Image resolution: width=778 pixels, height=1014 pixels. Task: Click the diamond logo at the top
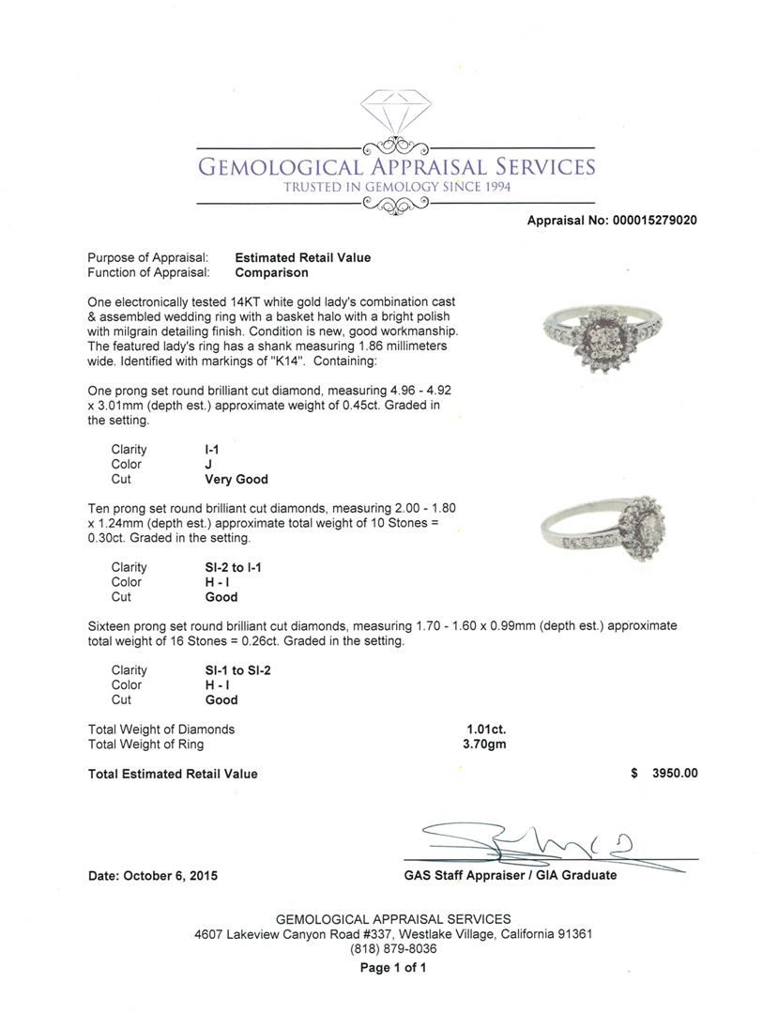[x=395, y=115]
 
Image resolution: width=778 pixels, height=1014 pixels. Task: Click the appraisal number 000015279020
[x=655, y=221]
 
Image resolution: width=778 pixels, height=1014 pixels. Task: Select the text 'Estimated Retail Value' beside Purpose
[x=302, y=257]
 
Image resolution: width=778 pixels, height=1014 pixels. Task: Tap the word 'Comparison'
[x=271, y=272]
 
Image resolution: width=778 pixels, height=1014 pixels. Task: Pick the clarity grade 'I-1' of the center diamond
[x=212, y=450]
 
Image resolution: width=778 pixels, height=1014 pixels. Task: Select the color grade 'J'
[x=208, y=464]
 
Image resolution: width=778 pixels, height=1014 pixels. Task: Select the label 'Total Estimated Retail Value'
[x=173, y=774]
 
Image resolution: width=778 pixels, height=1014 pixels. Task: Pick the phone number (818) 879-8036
[x=393, y=948]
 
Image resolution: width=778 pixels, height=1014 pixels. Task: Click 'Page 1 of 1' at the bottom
[x=393, y=967]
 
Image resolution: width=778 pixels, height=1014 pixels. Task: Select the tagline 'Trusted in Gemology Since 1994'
[x=396, y=187]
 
